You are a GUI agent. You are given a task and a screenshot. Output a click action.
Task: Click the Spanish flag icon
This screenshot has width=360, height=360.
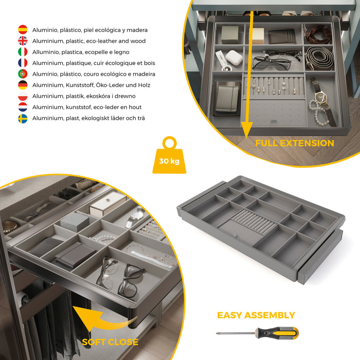click(23, 30)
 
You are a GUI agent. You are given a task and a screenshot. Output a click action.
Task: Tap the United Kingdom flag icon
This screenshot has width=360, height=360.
click(23, 41)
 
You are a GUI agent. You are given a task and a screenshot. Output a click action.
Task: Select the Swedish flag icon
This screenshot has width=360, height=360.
click(23, 118)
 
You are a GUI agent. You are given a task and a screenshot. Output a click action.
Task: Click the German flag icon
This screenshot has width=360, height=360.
click(23, 85)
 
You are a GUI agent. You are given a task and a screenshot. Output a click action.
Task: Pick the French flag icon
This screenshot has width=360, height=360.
click(23, 63)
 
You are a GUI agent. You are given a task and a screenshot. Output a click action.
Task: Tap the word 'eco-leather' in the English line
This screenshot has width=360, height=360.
click(109, 41)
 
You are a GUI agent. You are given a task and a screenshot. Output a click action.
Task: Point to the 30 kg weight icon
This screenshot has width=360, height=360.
click(169, 156)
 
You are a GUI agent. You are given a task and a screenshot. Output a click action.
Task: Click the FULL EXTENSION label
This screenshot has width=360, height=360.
click(295, 143)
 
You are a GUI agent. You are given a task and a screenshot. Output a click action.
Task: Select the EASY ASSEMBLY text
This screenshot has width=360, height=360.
click(256, 315)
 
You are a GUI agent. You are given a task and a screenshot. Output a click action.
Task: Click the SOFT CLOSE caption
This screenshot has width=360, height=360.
click(110, 342)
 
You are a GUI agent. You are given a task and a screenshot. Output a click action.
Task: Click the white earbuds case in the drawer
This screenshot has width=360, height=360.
click(234, 58)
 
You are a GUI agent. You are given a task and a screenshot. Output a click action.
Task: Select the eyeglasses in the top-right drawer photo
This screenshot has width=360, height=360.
click(272, 62)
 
